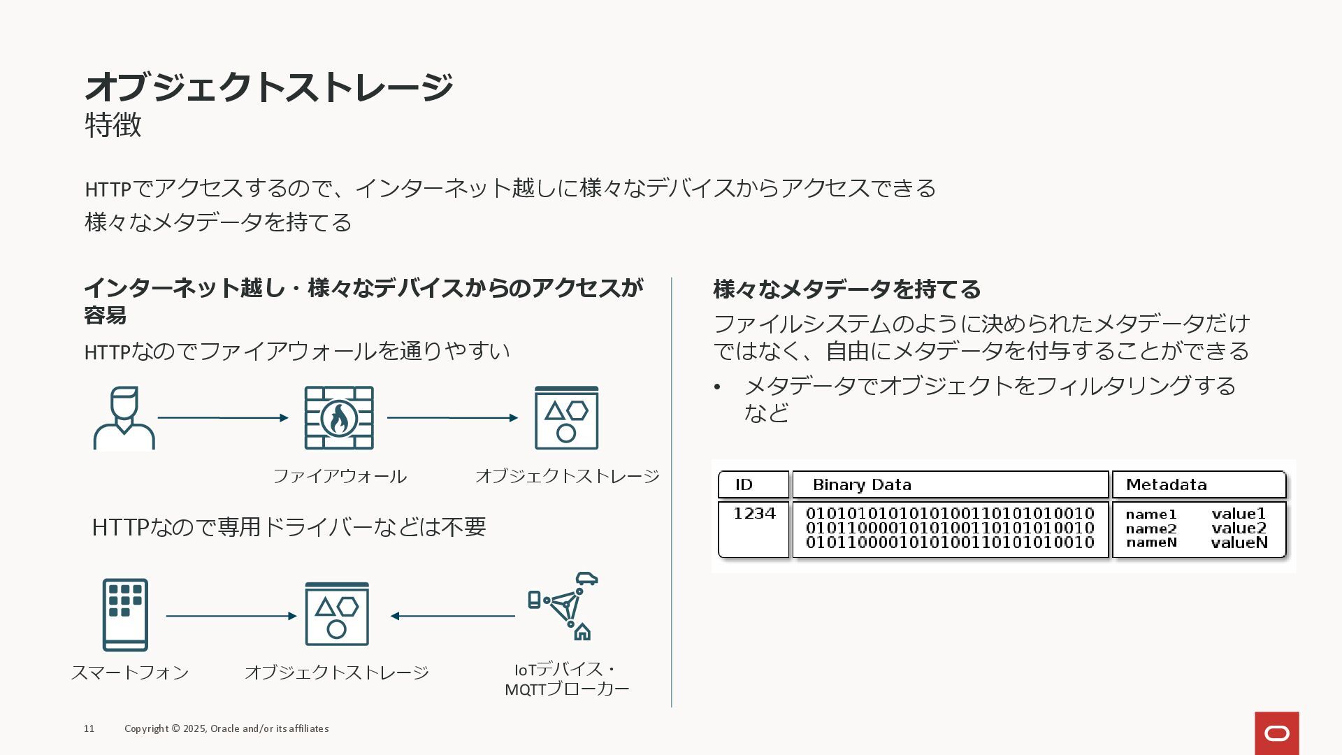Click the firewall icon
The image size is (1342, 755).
(339, 418)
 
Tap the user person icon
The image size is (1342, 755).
(124, 418)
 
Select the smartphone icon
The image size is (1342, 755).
(125, 614)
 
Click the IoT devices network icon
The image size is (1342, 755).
(563, 606)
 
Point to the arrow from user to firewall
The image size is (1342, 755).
(223, 418)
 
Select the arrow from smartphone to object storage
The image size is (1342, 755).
(231, 616)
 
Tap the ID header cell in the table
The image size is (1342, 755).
(753, 484)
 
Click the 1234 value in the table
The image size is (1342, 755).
(754, 514)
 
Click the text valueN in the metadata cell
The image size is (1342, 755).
(1239, 542)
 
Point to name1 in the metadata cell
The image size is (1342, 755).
(1151, 515)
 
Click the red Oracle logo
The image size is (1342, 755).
(1276, 733)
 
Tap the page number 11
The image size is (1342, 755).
(89, 728)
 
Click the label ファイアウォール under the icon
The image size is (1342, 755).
(339, 476)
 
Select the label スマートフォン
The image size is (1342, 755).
(130, 673)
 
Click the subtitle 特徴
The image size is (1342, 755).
(113, 125)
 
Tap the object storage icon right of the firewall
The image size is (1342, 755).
(566, 418)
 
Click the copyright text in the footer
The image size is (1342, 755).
(226, 728)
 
